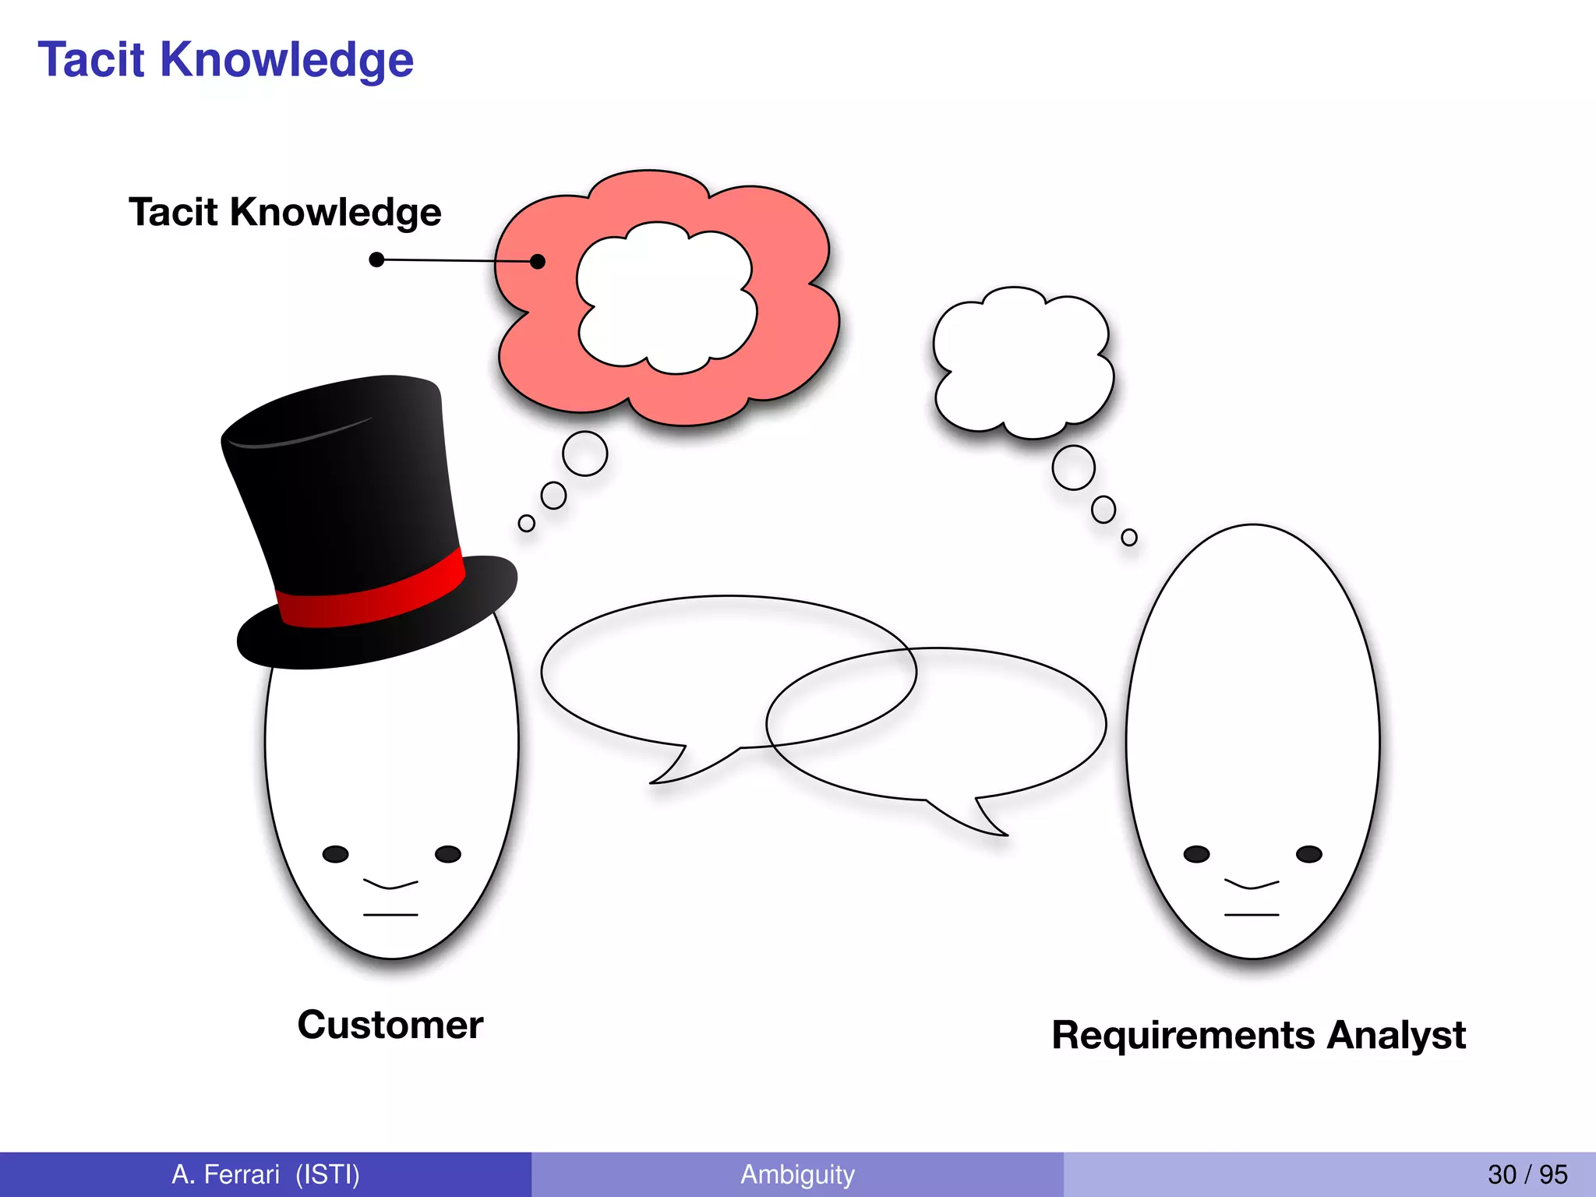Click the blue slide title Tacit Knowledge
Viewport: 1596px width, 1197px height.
coord(225,60)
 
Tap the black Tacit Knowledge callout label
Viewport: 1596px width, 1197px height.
coord(284,212)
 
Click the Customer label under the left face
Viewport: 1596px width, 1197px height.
coord(390,1024)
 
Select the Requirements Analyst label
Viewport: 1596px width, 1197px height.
coord(1258,1035)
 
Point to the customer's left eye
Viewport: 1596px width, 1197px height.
coord(336,854)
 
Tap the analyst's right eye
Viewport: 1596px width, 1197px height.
coord(1308,854)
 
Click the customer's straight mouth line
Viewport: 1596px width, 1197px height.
coord(390,914)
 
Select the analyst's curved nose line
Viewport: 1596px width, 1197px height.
coord(1252,885)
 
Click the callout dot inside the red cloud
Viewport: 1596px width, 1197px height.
coord(537,261)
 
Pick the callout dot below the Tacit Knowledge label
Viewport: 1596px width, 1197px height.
coord(376,260)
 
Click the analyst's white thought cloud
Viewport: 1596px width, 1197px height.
coord(1022,362)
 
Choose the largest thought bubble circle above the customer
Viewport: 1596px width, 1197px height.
coord(584,453)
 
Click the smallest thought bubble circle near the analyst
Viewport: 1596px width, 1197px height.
coord(1128,537)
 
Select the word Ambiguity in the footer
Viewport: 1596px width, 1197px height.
coord(797,1174)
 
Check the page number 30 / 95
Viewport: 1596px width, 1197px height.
coord(1527,1174)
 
